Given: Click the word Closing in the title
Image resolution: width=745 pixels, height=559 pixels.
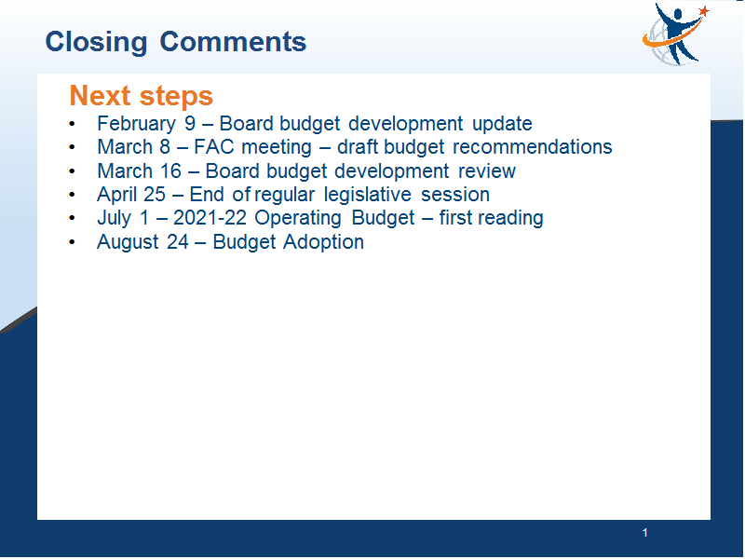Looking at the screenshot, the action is coord(96,43).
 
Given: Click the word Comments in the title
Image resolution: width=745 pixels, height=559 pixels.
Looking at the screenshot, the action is coord(233,41).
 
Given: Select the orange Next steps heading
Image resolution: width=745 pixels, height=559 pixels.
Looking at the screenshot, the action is coord(142,97).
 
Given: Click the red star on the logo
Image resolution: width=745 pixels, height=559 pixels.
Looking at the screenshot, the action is coord(704,11).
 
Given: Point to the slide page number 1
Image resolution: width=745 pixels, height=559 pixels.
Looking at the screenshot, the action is coord(644,533).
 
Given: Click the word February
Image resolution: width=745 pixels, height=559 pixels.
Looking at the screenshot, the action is coord(136,125).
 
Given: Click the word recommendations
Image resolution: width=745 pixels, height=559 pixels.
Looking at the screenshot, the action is coord(532,147).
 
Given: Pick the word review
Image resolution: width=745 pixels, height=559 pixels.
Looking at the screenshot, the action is coord(486,171).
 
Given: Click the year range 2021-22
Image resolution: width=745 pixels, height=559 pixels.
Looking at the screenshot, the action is coord(210,218).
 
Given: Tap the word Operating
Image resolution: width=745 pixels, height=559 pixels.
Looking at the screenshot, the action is coord(298,219).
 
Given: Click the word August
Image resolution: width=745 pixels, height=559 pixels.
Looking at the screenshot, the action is coord(128,242).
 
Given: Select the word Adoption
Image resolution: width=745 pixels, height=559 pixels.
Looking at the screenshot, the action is coord(323,242).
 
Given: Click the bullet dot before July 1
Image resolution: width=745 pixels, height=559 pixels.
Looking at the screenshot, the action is coord(72,218).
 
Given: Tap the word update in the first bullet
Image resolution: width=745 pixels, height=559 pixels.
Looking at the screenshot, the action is coord(502,125).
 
